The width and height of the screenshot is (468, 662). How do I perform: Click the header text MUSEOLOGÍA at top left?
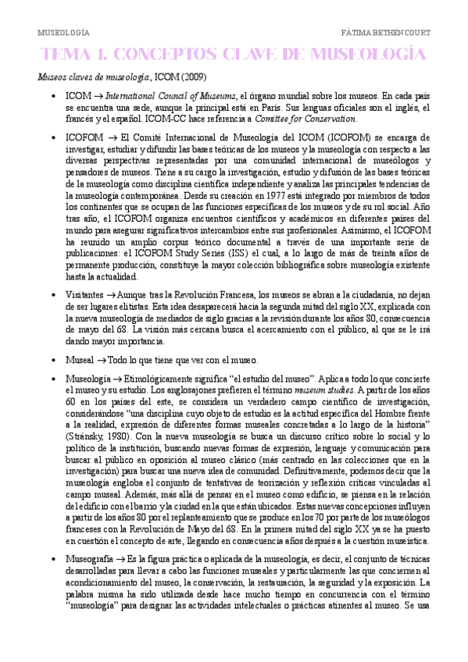[x=63, y=33]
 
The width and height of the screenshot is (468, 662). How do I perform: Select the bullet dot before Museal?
[x=52, y=361]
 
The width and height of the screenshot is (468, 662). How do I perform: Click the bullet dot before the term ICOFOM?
[x=52, y=137]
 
